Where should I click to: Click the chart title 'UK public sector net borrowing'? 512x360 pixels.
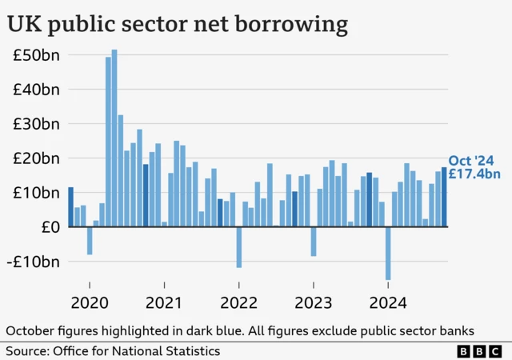[x=178, y=24]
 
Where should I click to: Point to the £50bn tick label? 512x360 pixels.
[x=36, y=55]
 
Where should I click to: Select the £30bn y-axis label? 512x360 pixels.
[x=36, y=124]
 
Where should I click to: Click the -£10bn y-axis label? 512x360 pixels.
[x=35, y=262]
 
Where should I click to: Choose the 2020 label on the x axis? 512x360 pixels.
[x=90, y=303]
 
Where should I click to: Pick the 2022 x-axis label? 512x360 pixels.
[x=238, y=303]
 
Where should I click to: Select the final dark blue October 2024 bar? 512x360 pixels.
[x=444, y=197]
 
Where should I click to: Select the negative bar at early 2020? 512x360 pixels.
[x=90, y=240]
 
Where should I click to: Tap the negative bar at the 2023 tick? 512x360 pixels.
[x=314, y=242]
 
